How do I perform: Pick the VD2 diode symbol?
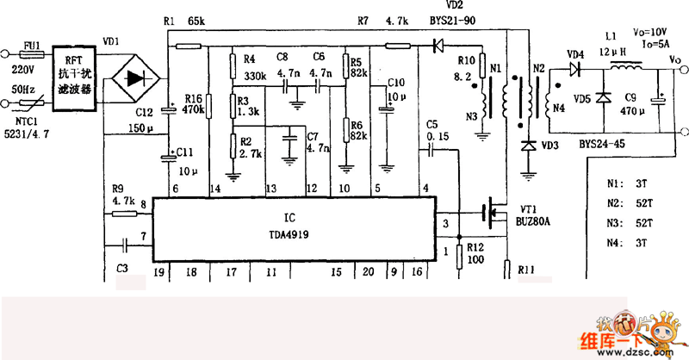point(436,46)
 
